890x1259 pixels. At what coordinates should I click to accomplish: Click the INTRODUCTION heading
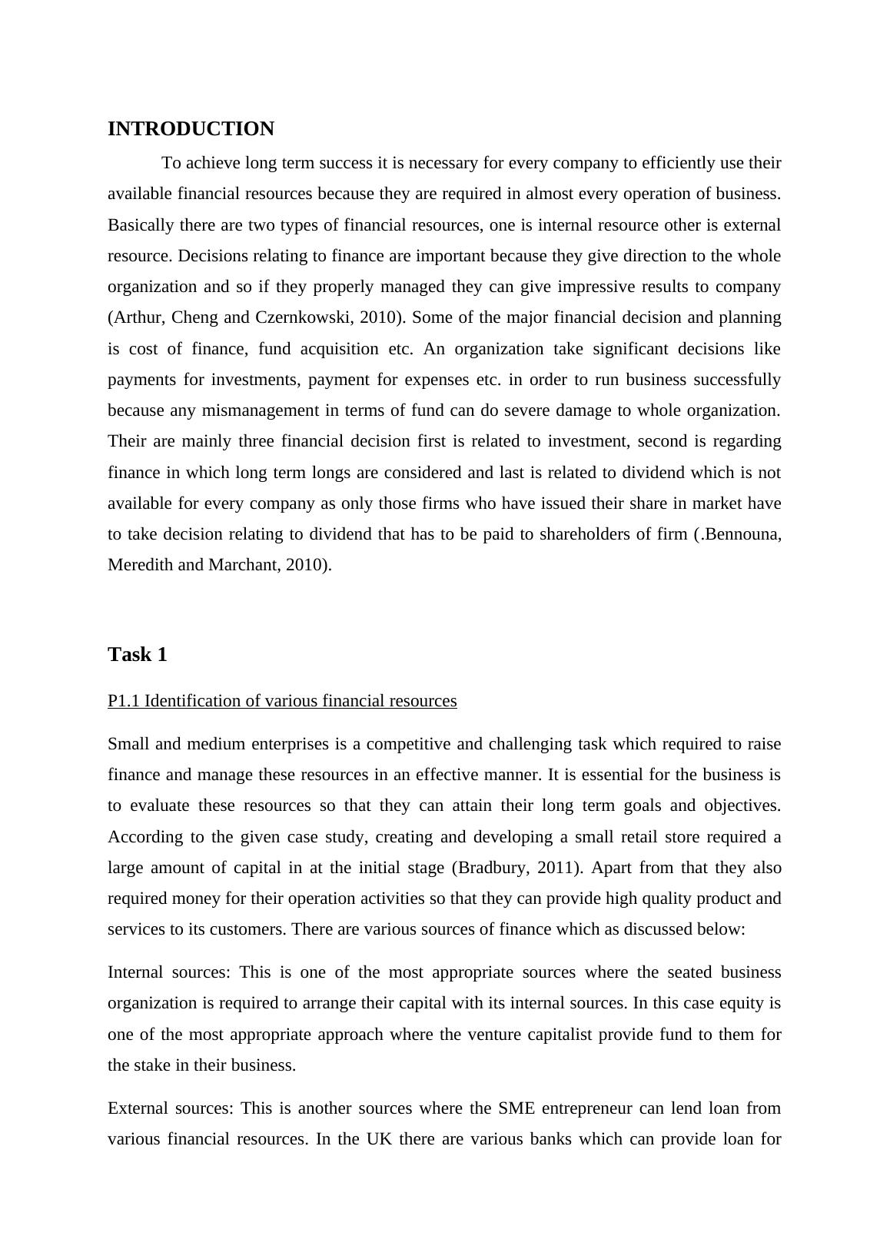(x=191, y=129)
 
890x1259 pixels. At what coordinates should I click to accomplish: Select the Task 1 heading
(x=138, y=655)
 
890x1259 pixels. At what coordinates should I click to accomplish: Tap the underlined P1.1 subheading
(x=282, y=701)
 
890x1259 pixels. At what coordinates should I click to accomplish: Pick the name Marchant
(x=243, y=565)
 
